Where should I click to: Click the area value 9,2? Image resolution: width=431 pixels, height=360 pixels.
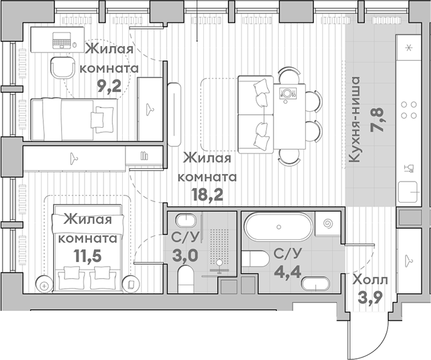click(x=109, y=87)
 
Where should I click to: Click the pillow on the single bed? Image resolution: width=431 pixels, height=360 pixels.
click(x=100, y=118)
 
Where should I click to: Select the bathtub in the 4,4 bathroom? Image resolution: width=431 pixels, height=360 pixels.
click(x=278, y=226)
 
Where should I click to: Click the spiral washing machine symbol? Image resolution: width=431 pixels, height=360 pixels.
click(x=329, y=225)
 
